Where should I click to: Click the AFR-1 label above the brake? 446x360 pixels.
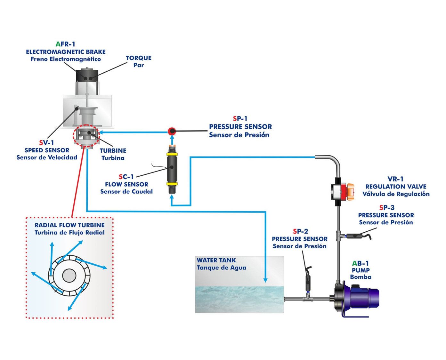[65, 44]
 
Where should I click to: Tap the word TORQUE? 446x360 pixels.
[138, 58]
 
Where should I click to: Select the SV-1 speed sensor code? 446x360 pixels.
[47, 143]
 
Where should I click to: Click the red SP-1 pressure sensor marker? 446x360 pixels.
[172, 131]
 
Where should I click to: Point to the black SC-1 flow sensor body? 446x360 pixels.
[172, 168]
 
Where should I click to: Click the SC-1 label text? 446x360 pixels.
[126, 177]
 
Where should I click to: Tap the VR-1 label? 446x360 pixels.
[395, 179]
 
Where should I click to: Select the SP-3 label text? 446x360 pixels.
[386, 208]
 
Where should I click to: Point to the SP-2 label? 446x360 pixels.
[300, 231]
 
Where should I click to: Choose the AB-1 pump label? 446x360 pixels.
[361, 263]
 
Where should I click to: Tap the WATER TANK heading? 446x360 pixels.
[216, 260]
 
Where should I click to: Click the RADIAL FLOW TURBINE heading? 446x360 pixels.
[69, 225]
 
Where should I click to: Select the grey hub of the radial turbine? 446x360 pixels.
[69, 276]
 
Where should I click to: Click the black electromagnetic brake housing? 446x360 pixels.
[87, 75]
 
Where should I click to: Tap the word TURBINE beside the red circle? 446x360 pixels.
[113, 151]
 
